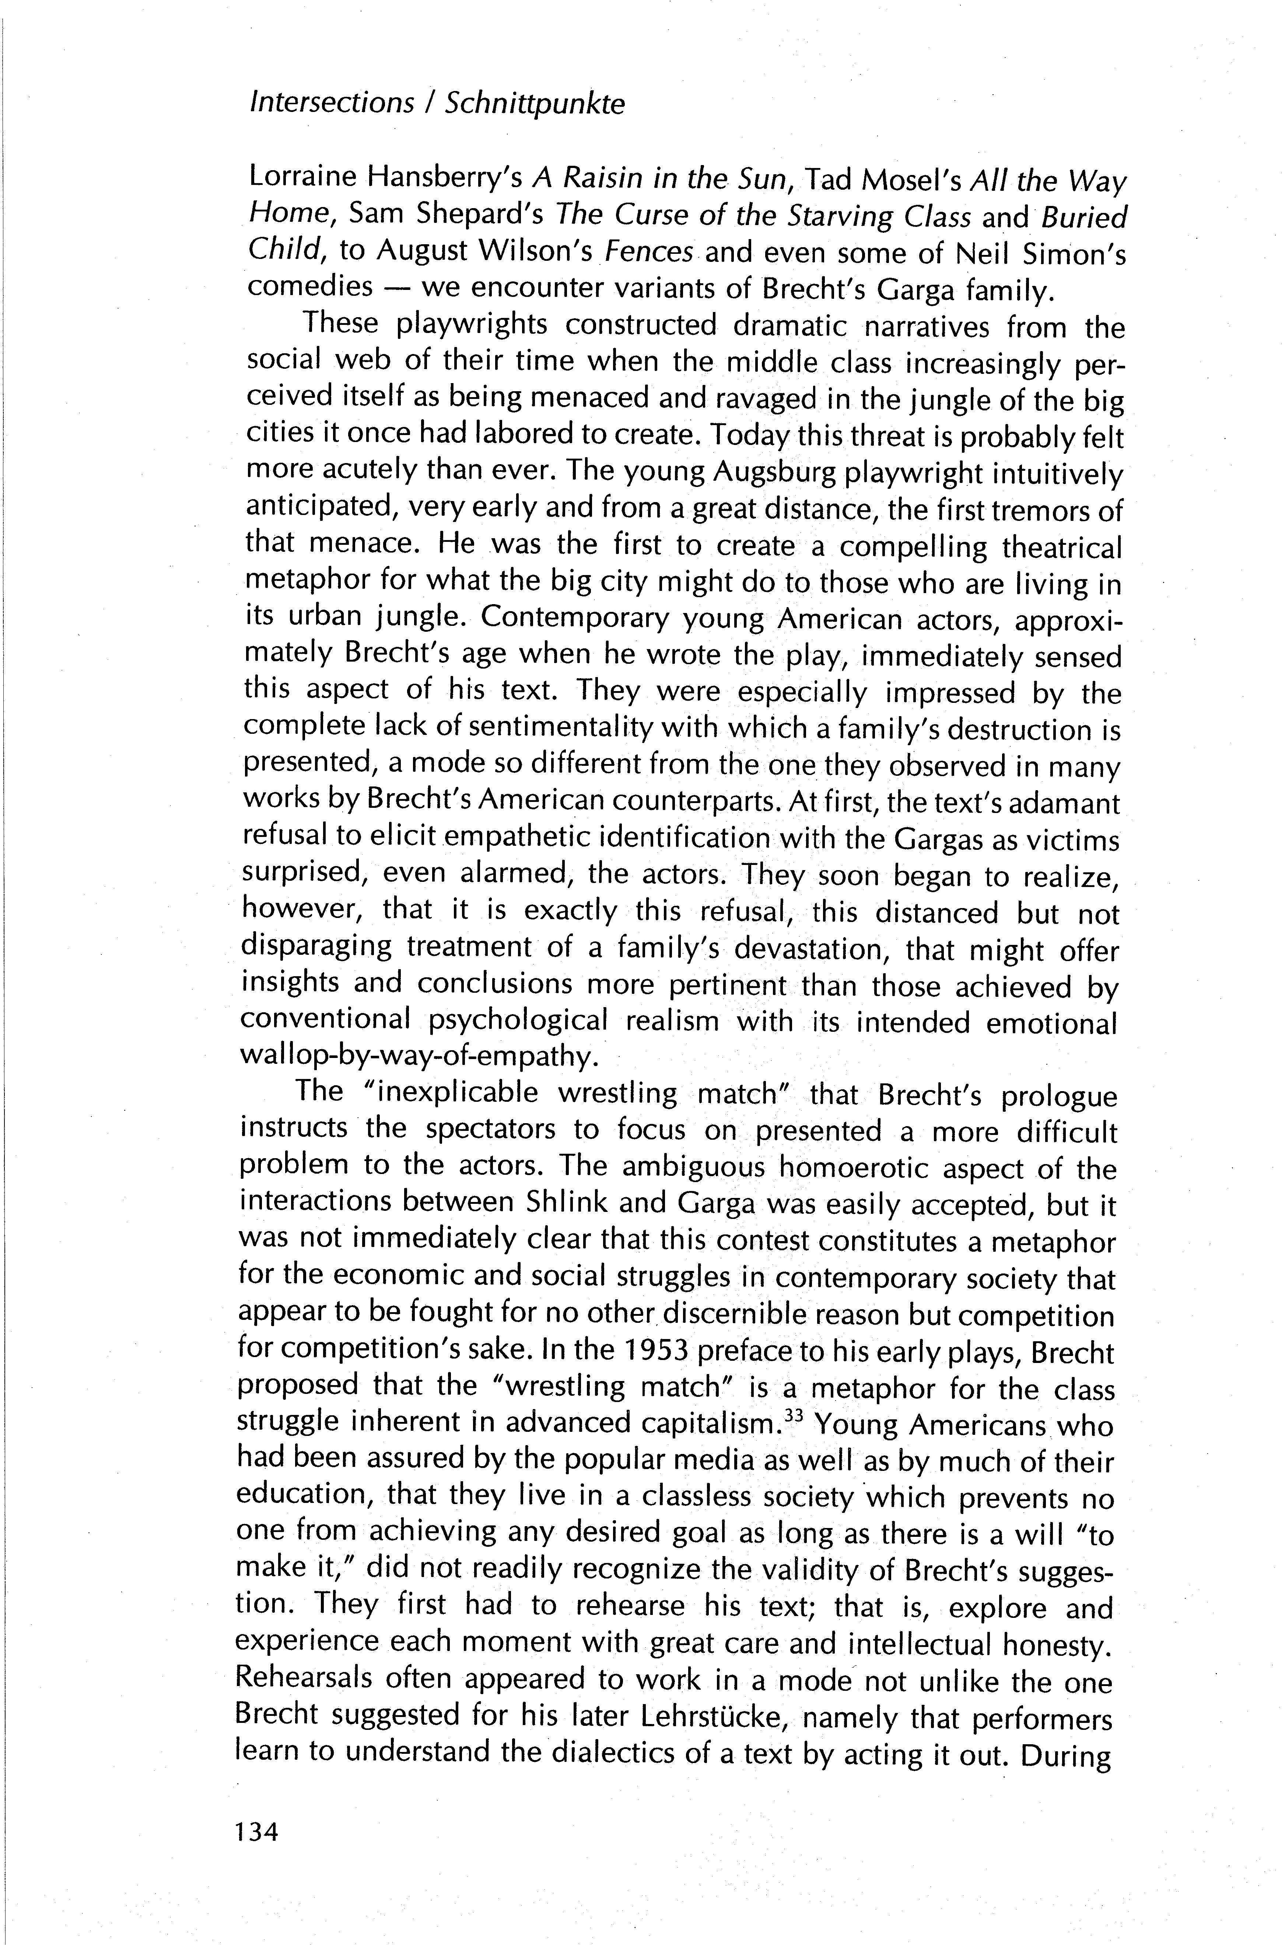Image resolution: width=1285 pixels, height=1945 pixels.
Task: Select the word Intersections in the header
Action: [x=332, y=102]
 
